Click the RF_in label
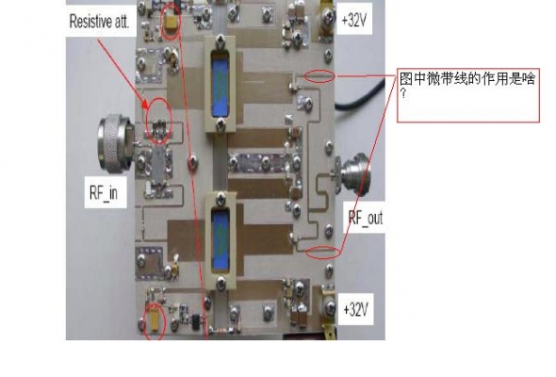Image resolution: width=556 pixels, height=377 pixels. click(104, 193)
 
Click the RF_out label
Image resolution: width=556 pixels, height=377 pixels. click(366, 218)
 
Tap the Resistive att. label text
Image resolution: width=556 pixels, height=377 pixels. click(99, 21)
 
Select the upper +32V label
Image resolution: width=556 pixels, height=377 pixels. click(354, 20)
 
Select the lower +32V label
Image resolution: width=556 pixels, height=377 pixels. click(355, 309)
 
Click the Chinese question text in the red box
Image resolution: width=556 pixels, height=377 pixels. click(466, 85)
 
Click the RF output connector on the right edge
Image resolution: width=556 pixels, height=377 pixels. click(353, 173)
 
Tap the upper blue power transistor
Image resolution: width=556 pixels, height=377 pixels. click(221, 84)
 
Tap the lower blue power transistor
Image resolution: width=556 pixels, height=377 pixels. click(221, 239)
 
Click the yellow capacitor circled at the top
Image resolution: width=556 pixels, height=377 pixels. click(172, 23)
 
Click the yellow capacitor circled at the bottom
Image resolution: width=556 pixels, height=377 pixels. click(155, 320)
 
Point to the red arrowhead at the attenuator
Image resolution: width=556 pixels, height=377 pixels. click(145, 106)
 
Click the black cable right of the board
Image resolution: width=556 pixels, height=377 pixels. click(361, 95)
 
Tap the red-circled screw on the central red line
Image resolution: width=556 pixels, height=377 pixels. click(193, 162)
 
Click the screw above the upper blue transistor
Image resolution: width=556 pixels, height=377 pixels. click(220, 41)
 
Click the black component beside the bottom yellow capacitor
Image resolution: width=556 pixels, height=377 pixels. click(196, 321)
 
